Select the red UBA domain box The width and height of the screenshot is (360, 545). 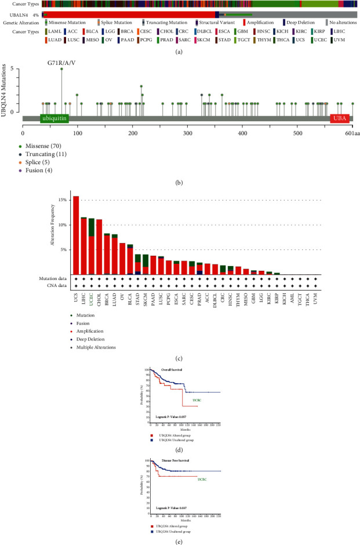click(339, 118)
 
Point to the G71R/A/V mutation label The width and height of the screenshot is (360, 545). click(63, 61)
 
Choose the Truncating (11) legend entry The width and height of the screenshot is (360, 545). click(51, 154)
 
